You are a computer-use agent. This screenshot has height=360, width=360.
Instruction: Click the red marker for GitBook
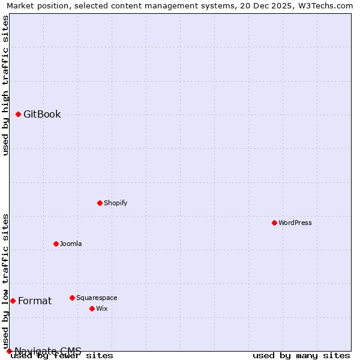(19, 114)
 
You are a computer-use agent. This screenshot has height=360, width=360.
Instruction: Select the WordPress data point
(274, 223)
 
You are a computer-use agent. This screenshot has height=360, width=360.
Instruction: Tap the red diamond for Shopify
(100, 203)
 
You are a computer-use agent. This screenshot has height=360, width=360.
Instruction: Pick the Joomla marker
(56, 244)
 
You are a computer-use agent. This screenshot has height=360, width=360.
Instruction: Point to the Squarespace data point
(72, 298)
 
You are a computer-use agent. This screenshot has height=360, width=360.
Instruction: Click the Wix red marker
(92, 308)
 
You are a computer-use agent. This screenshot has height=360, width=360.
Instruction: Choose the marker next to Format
(13, 301)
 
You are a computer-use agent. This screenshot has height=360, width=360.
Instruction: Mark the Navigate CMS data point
(9, 351)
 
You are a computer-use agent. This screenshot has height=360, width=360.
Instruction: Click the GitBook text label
(42, 115)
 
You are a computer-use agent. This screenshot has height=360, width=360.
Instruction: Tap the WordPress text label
(295, 223)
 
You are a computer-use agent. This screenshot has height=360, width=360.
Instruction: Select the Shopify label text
(115, 203)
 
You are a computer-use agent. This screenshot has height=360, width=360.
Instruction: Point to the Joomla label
(71, 244)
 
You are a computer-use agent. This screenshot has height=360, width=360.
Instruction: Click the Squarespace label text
(97, 298)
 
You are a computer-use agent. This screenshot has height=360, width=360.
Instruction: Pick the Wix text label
(102, 308)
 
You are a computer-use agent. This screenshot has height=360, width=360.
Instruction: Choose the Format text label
(35, 301)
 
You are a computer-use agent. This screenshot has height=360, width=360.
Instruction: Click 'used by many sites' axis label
(301, 356)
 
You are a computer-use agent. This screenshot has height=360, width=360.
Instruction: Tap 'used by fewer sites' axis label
(62, 356)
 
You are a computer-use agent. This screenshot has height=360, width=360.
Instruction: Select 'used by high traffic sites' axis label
(6, 85)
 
